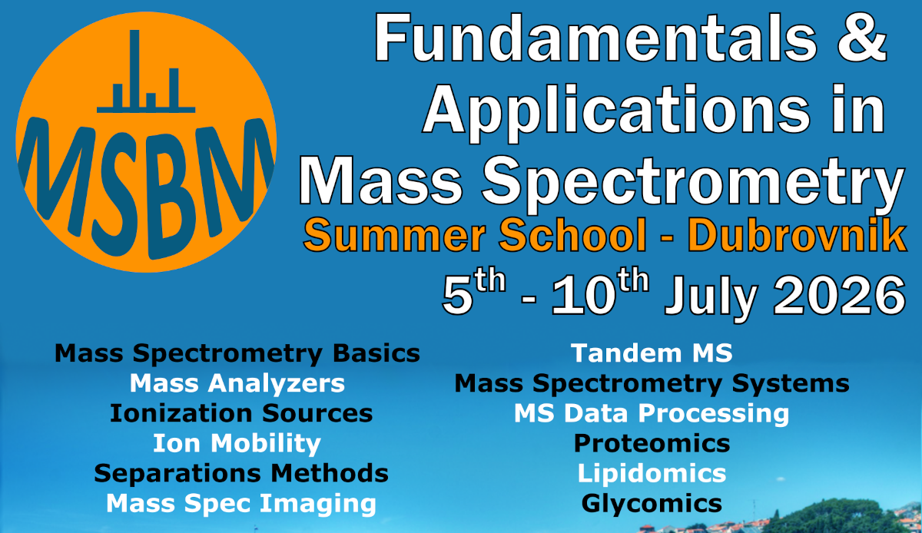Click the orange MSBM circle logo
146,142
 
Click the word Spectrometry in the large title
693,182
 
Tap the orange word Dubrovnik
798,235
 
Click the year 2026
840,296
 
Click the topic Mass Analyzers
237,383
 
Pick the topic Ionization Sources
241,413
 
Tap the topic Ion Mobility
237,444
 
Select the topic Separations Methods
241,473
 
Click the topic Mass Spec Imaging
241,504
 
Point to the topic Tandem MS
652,353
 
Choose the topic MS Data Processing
652,414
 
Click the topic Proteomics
652,444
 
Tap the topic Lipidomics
652,473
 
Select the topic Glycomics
652,504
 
